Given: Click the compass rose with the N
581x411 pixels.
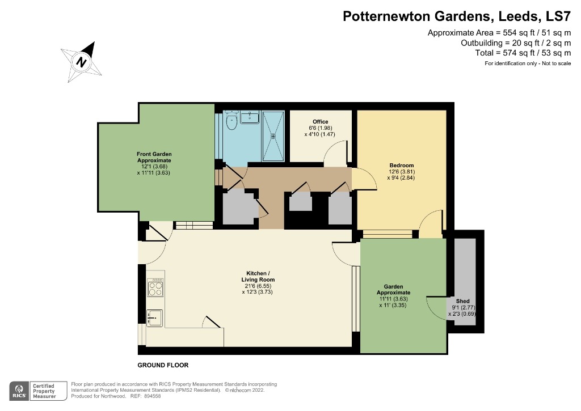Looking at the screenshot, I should [x=82, y=61].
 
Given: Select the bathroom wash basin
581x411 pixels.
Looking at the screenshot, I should [x=250, y=117].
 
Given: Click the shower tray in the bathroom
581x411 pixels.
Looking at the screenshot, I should [x=275, y=135].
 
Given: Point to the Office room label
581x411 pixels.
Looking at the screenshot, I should [x=321, y=122].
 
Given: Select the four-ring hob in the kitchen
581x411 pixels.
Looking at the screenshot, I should [x=155, y=287].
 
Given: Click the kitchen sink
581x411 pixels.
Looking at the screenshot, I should [x=155, y=317].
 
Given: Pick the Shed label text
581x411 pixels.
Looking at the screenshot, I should [x=463, y=301].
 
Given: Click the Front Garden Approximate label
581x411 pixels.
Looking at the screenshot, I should [x=154, y=157].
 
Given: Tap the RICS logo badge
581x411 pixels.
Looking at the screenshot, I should [x=20, y=391].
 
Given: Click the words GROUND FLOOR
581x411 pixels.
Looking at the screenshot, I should [x=163, y=365].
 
